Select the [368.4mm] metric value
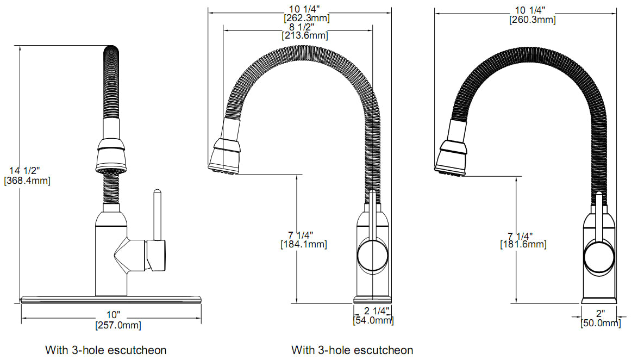[x=27, y=181]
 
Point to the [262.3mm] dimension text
[x=306, y=18]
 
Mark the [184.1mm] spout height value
[x=303, y=245]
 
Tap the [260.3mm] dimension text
[x=531, y=20]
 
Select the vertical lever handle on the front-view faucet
[x=157, y=215]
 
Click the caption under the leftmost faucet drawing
[x=105, y=350]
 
